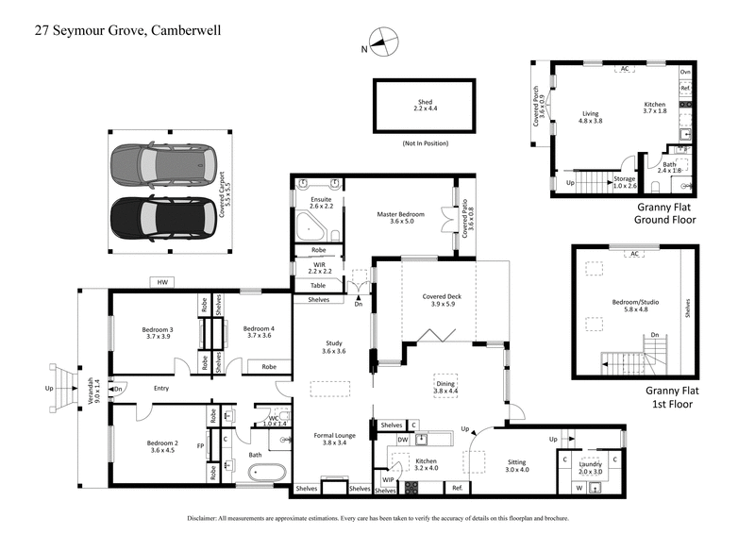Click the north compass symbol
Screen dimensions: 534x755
[x=382, y=42]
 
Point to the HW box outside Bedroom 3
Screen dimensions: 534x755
[x=164, y=281]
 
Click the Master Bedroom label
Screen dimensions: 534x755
[x=401, y=218]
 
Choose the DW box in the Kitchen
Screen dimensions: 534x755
[x=403, y=440]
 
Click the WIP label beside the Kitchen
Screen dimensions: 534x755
[x=388, y=479]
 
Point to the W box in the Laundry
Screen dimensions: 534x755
[x=579, y=488]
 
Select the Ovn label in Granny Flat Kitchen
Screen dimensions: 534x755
[x=686, y=72]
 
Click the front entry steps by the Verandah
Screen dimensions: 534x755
[x=62, y=389]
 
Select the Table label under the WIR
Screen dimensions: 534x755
[x=318, y=284]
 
